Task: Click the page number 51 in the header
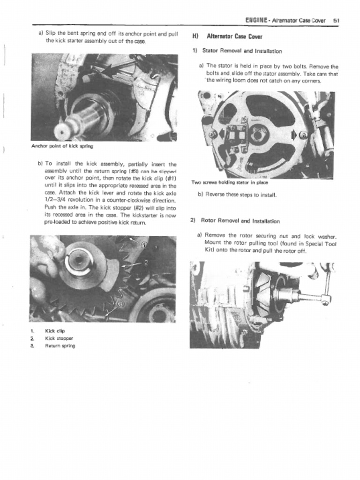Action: point(336,20)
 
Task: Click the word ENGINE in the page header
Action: point(256,20)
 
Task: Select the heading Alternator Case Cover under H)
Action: point(234,37)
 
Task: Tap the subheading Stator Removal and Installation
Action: point(242,51)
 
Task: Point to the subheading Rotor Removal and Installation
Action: point(240,221)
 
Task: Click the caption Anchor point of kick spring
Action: point(62,146)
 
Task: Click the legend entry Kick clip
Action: point(55,331)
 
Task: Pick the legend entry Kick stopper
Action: point(59,338)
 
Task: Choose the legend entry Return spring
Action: point(60,346)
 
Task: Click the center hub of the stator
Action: point(258,135)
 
